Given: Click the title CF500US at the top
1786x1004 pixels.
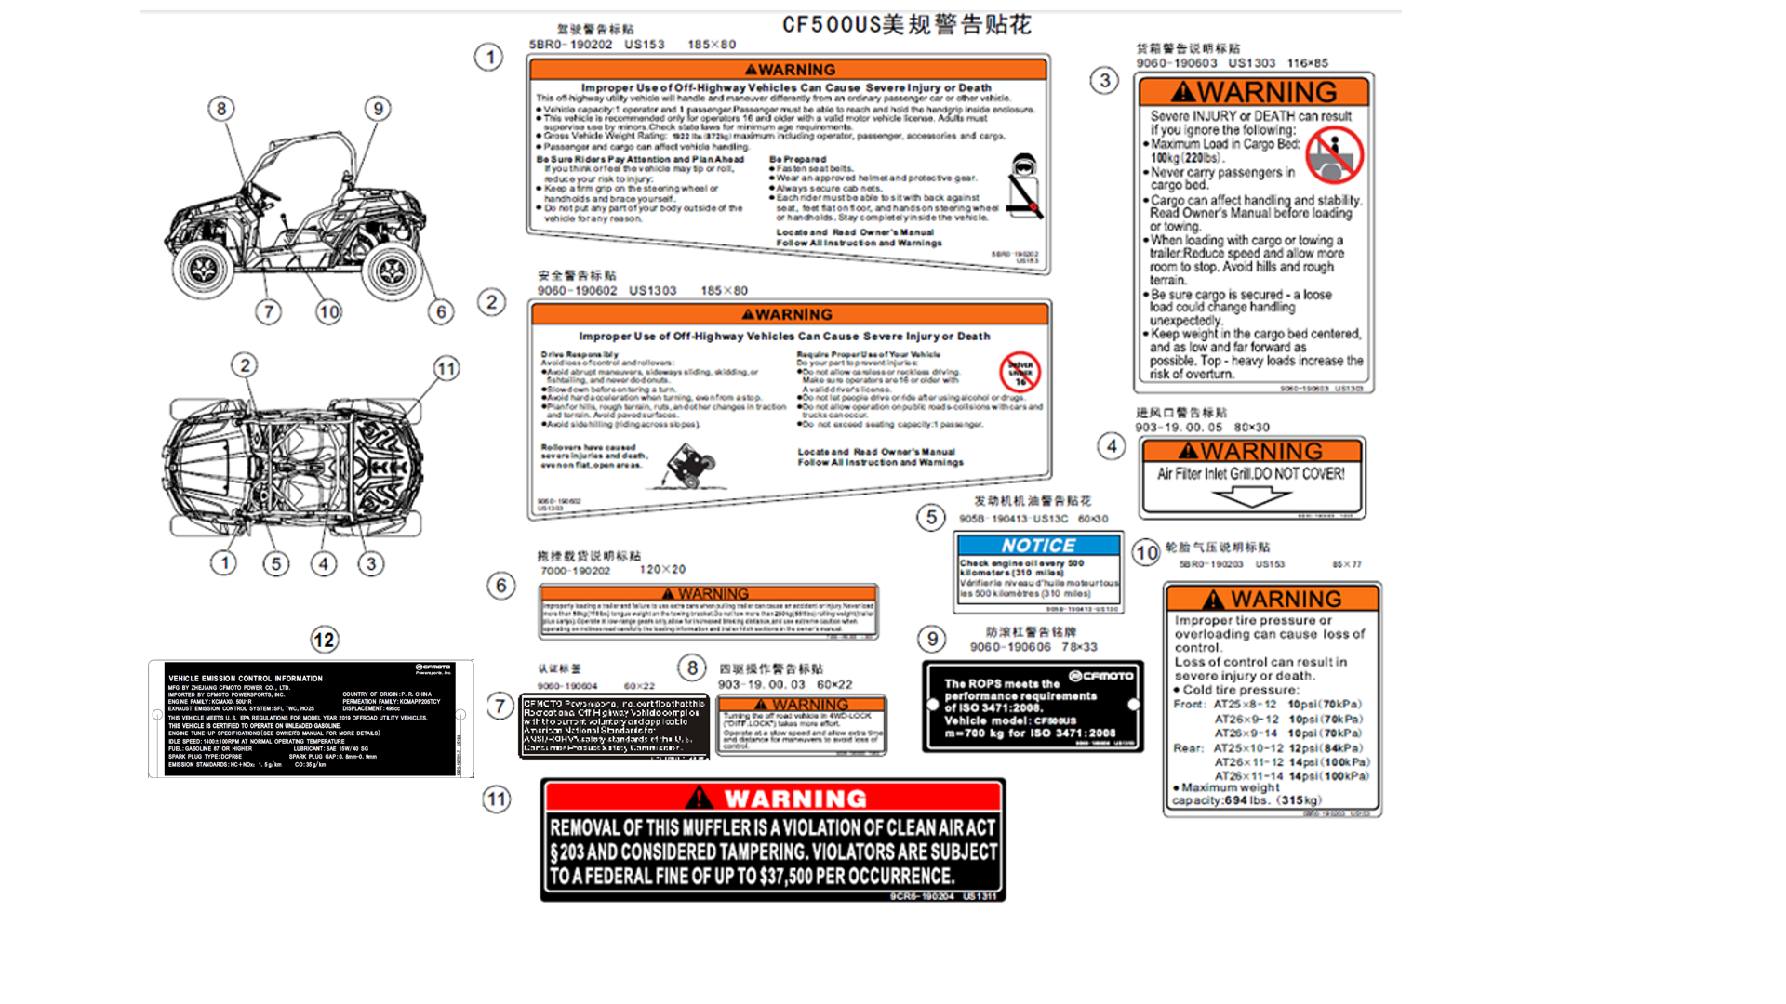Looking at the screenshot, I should [831, 24].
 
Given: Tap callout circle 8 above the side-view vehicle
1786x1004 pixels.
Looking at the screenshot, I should [221, 109].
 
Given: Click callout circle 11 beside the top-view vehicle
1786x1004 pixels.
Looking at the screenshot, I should [446, 369].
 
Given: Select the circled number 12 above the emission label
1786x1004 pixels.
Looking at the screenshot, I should [324, 640].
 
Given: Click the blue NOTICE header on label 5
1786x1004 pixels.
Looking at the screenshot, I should [1038, 546].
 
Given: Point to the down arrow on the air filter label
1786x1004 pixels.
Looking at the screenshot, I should [1251, 496].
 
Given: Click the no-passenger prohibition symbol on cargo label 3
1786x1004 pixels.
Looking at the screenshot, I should [1334, 154].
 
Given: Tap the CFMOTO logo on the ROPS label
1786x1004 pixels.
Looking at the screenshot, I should [1101, 676].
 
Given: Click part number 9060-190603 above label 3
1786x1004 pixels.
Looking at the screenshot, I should [1176, 63].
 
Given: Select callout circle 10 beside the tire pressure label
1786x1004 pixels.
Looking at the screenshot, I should [1146, 553].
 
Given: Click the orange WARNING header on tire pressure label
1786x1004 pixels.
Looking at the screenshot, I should [1272, 599].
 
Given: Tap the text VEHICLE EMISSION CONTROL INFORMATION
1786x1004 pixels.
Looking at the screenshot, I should [246, 679].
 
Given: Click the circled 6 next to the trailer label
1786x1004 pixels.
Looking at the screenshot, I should [501, 586].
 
